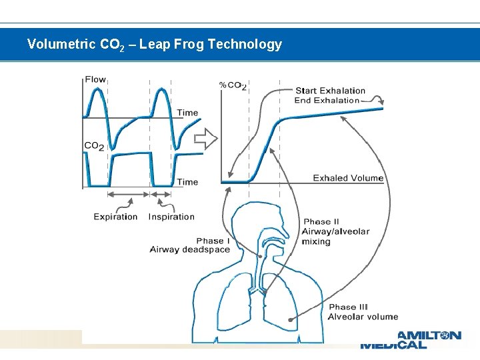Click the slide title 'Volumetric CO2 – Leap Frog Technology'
[154, 45]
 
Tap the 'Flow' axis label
[95, 79]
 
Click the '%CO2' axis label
[233, 85]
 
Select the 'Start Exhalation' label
[331, 91]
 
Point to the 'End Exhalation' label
[327, 101]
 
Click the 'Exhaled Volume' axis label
[348, 178]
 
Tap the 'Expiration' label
[115, 217]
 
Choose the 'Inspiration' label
[171, 217]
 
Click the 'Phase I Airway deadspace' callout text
[190, 245]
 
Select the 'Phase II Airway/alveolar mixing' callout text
[335, 231]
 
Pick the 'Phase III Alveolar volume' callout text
[363, 312]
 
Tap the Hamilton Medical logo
[410, 339]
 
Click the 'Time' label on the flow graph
[187, 113]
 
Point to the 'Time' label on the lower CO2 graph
[187, 181]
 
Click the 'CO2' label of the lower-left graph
[94, 145]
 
